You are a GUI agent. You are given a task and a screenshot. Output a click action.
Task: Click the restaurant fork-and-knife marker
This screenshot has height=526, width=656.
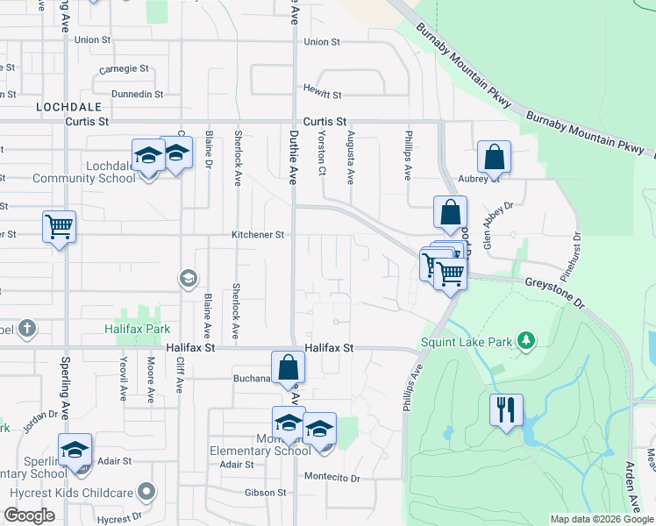click(506, 409)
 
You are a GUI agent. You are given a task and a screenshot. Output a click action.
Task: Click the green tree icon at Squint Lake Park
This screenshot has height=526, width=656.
click(525, 339)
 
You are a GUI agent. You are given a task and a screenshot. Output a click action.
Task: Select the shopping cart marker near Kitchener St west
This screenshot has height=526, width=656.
click(60, 226)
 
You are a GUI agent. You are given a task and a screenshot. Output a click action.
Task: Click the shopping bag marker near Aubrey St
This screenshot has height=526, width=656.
click(495, 158)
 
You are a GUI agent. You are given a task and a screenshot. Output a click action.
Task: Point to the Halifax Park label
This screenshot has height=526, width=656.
click(134, 329)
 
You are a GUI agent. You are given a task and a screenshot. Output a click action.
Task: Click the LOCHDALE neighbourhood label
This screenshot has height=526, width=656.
click(64, 106)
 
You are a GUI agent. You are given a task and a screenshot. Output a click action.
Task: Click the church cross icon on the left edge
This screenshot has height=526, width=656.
click(27, 329)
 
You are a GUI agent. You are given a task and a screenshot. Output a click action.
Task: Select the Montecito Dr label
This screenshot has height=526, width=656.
click(332, 478)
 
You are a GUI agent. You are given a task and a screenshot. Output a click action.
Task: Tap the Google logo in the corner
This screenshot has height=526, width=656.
click(29, 515)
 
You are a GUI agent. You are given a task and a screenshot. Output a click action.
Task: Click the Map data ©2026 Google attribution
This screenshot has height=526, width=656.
click(601, 519)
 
